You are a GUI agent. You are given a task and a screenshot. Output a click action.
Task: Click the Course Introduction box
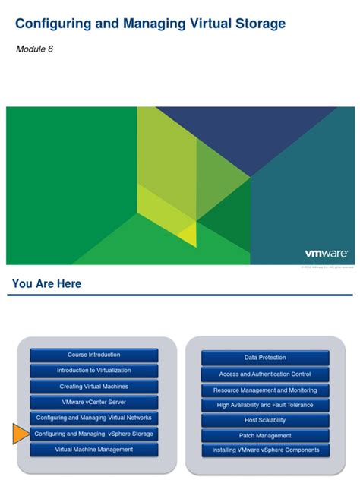(x=93, y=355)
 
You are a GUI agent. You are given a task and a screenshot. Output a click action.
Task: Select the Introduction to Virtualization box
(x=93, y=371)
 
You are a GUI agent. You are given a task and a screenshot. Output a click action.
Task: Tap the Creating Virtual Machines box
(x=93, y=387)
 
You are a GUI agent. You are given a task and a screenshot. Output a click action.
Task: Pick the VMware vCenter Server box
(x=93, y=403)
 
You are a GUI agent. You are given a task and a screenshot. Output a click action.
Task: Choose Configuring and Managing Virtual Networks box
(x=93, y=418)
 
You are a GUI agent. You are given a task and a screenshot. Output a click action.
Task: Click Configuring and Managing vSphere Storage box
(x=93, y=434)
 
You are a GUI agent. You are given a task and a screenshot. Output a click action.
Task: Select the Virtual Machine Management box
(x=93, y=450)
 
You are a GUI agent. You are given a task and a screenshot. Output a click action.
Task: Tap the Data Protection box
(x=265, y=358)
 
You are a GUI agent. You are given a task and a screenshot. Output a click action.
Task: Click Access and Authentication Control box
(x=265, y=374)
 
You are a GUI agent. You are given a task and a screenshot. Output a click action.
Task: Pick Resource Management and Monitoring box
(x=265, y=390)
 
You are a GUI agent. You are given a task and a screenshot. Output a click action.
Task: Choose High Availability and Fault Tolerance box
(x=265, y=405)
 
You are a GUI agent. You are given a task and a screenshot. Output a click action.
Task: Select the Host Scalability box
(x=265, y=420)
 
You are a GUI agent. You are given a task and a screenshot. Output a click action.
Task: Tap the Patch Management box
(x=265, y=435)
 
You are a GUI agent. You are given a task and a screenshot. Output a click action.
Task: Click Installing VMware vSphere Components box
(x=265, y=450)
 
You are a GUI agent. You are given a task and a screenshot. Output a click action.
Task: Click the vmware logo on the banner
(x=326, y=254)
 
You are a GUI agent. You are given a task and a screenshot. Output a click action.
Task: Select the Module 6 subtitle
(x=34, y=49)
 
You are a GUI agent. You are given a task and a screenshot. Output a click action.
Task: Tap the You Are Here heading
(x=46, y=284)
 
